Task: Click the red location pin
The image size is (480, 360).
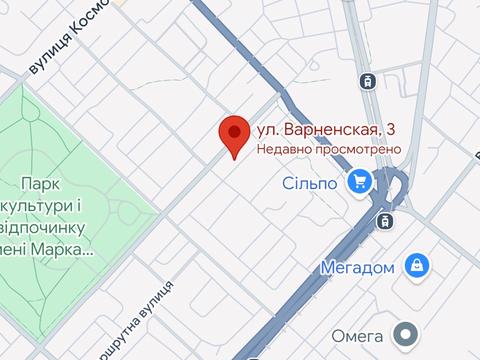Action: pos(234,133)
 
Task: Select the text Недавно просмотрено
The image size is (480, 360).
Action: pos(328,149)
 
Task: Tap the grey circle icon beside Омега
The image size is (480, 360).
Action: pos(406,333)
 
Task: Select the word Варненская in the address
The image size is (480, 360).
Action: pos(331,130)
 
